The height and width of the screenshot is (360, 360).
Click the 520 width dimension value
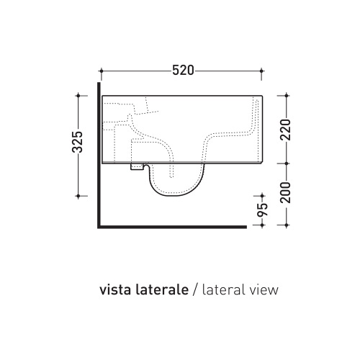[x=182, y=71]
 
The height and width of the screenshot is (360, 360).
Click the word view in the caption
[x=261, y=290]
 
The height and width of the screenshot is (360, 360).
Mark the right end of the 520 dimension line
[x=264, y=71]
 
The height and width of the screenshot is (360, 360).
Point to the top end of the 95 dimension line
[x=264, y=196]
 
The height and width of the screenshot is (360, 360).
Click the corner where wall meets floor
[x=98, y=226]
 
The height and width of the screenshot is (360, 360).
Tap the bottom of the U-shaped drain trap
[x=177, y=197]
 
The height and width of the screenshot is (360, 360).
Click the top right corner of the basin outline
[x=264, y=95]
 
